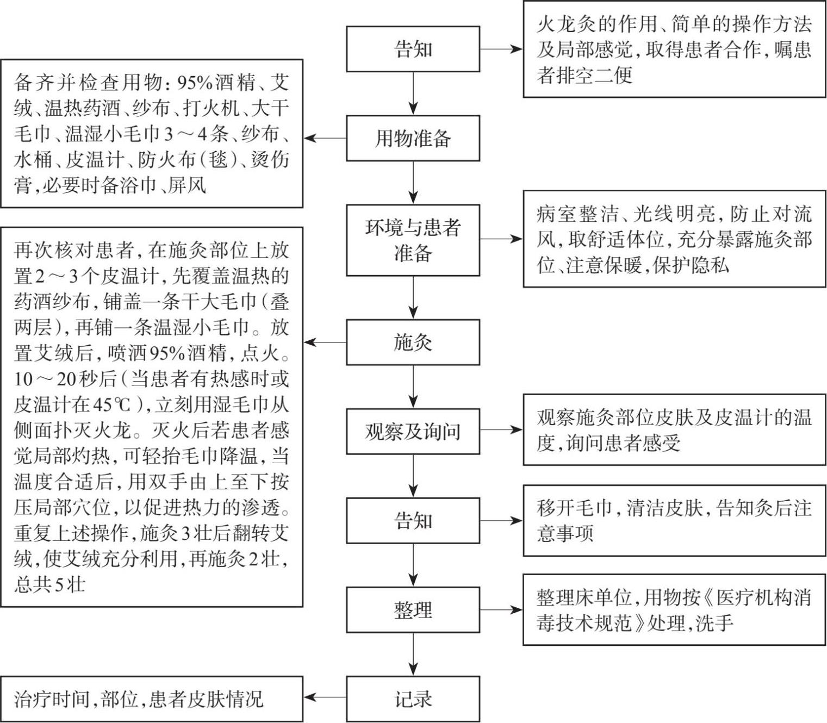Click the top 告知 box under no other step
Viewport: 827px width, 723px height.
click(x=413, y=49)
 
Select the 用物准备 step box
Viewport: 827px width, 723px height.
click(x=413, y=138)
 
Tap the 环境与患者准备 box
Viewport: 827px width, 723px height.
click(x=413, y=240)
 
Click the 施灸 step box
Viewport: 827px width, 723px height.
click(x=413, y=342)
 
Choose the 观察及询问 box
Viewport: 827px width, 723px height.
click(x=413, y=431)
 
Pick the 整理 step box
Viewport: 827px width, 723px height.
click(x=413, y=609)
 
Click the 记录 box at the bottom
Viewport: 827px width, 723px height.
click(x=413, y=699)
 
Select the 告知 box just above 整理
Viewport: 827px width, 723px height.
click(x=413, y=520)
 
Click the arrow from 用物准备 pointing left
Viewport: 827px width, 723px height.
click(x=325, y=138)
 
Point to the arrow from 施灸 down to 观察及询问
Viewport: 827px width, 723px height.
click(x=413, y=387)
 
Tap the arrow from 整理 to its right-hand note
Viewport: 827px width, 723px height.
click(x=501, y=609)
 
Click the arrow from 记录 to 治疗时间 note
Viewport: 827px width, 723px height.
click(x=325, y=697)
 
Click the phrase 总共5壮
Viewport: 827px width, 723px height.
click(x=50, y=585)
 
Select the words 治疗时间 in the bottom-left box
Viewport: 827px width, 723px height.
click(x=52, y=699)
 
